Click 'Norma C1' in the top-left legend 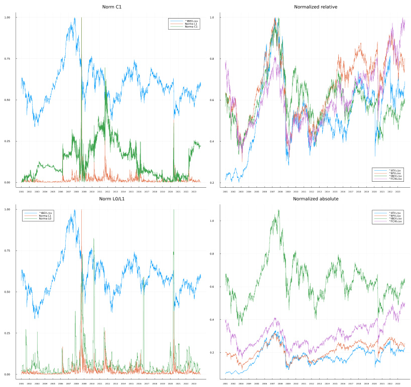tap(192, 26)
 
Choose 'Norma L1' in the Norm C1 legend tap(192, 24)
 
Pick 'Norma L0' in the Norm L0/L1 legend tap(46, 219)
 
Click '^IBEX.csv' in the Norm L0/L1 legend tap(46, 213)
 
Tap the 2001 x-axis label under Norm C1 tap(21, 191)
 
